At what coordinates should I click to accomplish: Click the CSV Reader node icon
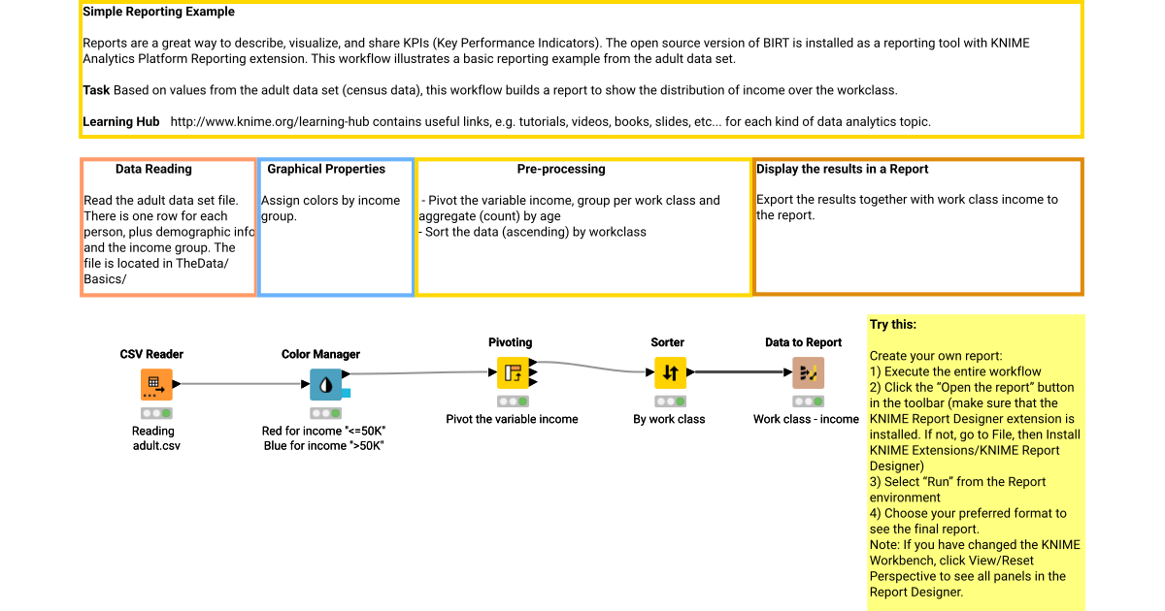coord(156,384)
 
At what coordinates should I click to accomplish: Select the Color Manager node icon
coord(325,384)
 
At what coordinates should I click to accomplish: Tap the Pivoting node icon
coord(512,372)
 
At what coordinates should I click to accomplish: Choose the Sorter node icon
coord(670,372)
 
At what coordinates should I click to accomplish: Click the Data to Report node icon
coord(808,372)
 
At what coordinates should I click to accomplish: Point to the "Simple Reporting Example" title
coord(158,12)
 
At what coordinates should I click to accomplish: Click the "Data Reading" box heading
coord(153,169)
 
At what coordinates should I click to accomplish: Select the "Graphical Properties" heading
coord(326,169)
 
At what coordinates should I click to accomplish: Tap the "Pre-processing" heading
coord(561,169)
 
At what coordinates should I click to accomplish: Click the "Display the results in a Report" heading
coord(842,169)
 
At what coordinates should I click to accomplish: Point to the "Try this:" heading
coord(892,325)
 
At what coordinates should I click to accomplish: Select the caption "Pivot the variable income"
coord(512,419)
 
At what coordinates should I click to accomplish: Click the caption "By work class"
coord(669,419)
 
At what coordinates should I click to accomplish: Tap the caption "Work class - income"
coord(806,419)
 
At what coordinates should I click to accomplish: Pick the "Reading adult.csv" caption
coord(153,438)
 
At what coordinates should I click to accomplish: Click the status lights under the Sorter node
coord(670,401)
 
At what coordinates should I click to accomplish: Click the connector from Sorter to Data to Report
coord(740,371)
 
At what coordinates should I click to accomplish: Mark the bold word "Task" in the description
coord(96,90)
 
